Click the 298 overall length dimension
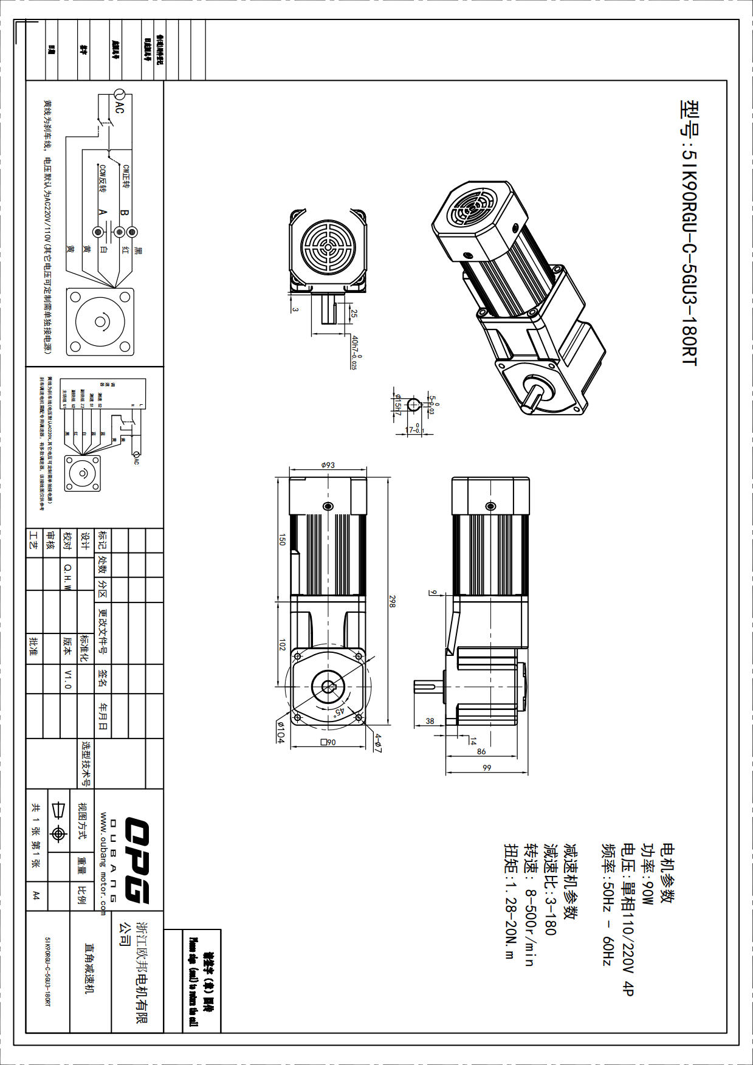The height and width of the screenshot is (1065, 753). click(392, 601)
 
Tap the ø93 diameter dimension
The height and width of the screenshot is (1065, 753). click(328, 465)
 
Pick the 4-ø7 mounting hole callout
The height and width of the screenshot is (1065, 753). click(377, 743)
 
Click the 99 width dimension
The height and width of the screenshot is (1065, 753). click(486, 768)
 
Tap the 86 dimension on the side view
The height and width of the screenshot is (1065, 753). click(481, 751)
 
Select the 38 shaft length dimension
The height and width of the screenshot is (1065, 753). click(430, 721)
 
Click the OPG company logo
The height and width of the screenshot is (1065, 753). click(137, 861)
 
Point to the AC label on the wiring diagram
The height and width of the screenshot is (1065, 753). click(120, 108)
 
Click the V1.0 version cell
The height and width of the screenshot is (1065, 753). click(68, 680)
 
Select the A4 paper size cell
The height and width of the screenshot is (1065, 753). click(36, 895)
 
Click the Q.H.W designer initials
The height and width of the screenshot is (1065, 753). click(68, 576)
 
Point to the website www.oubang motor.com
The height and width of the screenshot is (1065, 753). click(103, 863)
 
